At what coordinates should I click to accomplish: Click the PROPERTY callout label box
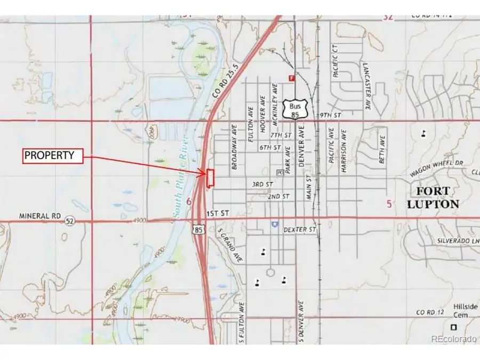pyautogui.click(x=53, y=156)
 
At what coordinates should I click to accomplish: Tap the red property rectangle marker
pyautogui.click(x=210, y=178)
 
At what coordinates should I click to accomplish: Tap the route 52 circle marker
pyautogui.click(x=69, y=220)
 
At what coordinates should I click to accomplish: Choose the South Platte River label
pyautogui.click(x=180, y=176)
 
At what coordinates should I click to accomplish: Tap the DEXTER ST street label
pyautogui.click(x=300, y=230)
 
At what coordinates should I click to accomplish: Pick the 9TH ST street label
pyautogui.click(x=330, y=115)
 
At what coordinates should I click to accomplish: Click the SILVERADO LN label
pyautogui.click(x=454, y=242)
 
